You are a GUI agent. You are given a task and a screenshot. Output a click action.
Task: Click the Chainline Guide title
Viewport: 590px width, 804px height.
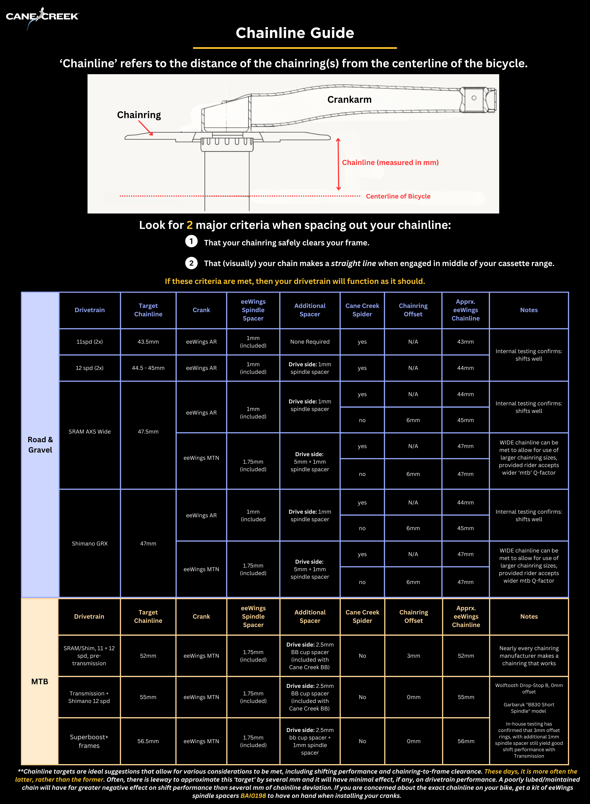295,33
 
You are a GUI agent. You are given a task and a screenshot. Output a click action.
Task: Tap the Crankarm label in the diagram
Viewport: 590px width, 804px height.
349,100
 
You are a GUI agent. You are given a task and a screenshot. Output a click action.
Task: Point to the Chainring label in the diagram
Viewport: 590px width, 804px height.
139,115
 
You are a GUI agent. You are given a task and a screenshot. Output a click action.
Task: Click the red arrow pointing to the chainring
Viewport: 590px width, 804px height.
145,128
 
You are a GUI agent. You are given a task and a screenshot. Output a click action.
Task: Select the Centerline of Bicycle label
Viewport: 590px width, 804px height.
398,196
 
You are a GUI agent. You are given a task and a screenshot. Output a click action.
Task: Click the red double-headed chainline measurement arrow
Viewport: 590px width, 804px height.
338,164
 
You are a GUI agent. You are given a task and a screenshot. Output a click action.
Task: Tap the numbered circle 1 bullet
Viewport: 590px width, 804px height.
191,241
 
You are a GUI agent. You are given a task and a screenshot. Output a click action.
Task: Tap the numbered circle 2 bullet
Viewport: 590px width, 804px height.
191,263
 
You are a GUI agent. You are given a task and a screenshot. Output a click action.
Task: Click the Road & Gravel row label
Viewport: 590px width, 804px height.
40,445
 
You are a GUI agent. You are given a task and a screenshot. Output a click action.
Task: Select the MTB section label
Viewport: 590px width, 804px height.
40,682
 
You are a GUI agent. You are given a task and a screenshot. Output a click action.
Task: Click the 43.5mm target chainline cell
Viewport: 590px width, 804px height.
148,342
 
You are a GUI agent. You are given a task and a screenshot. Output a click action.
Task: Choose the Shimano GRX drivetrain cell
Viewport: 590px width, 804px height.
90,544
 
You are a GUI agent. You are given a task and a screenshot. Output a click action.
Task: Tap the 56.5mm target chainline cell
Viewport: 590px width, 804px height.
148,741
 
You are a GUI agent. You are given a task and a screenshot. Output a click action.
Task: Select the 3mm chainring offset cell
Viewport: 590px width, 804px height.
413,656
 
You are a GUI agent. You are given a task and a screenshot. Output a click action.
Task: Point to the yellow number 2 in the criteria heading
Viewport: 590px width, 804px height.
190,225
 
